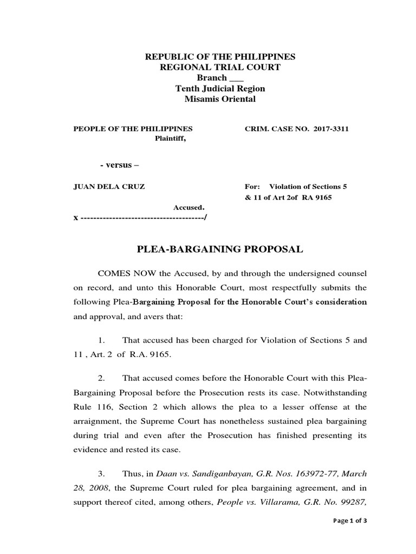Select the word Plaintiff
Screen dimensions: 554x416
coord(171,138)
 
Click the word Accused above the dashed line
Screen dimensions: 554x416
coord(188,207)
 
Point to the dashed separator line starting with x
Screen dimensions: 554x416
coord(140,217)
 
